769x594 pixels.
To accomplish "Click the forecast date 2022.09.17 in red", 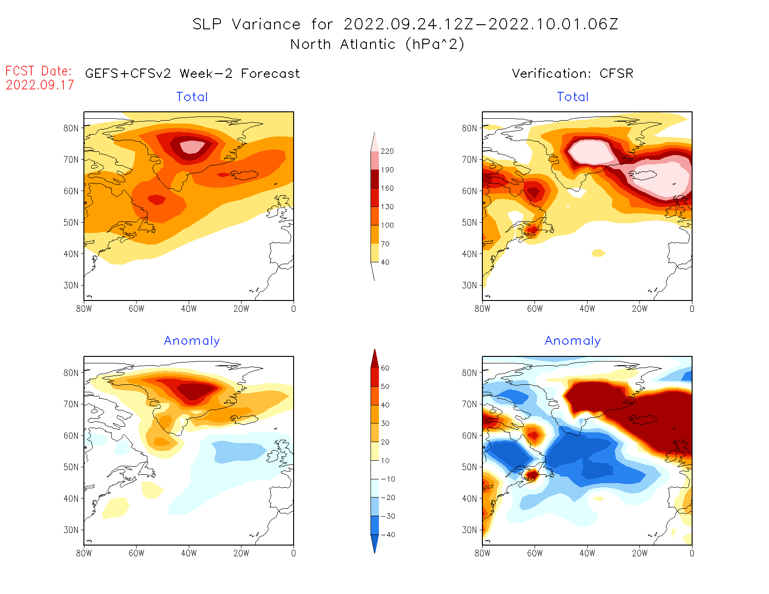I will [x=40, y=85].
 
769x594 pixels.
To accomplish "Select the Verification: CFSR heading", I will [x=572, y=74].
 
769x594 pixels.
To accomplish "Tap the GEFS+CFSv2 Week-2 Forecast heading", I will [x=192, y=74].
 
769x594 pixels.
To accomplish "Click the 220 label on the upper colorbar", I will [x=387, y=151].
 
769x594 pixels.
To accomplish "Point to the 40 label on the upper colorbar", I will [x=385, y=262].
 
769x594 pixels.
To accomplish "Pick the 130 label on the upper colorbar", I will [x=387, y=207].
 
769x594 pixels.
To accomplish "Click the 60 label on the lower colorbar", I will [x=385, y=368].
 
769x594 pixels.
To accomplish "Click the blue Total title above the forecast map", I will [x=192, y=97].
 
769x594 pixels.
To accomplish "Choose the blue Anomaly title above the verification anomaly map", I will [x=573, y=341].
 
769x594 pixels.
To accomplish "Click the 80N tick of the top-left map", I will [x=71, y=128].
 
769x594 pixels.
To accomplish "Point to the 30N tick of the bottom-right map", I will [x=469, y=530].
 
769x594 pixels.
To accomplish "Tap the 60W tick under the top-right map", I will [x=535, y=308].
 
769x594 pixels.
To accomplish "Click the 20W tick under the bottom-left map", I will [x=241, y=553].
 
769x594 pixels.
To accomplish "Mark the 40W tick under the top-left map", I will [x=189, y=308].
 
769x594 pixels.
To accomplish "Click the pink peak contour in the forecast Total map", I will [x=192, y=147].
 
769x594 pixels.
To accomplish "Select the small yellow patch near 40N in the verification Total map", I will [x=598, y=253].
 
